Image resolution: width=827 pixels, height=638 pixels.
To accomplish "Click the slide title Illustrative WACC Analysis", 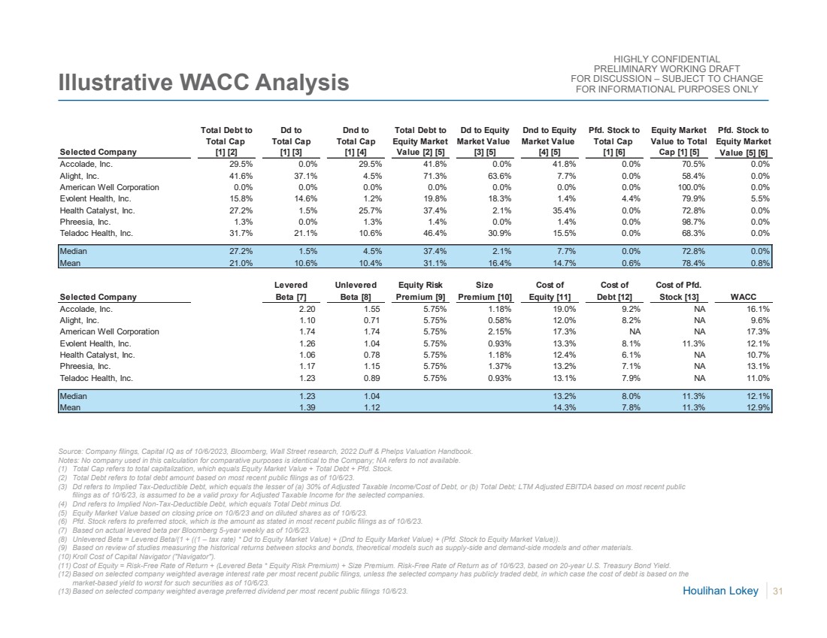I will (204, 83).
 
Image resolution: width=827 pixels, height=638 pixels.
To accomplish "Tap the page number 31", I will (778, 592).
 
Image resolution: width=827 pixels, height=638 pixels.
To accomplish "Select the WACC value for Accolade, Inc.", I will (759, 308).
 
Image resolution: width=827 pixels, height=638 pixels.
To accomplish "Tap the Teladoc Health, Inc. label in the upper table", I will (96, 233).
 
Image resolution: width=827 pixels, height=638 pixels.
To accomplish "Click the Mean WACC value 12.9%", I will (759, 407).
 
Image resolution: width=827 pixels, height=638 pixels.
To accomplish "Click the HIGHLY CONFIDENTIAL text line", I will (667, 59).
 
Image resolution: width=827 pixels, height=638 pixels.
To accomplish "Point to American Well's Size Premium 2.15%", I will (497, 331).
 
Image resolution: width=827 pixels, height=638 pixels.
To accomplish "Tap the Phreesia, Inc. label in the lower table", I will (85, 366).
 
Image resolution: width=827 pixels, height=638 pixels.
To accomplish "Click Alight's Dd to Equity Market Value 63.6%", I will (495, 175).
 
